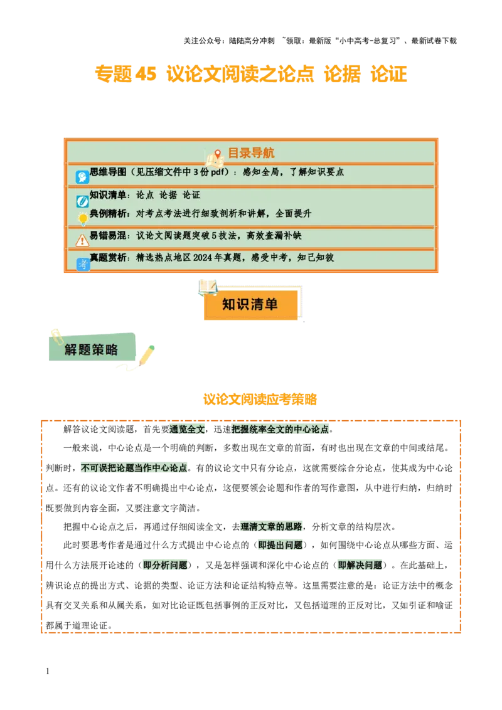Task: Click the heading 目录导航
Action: (250, 153)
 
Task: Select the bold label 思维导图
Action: (108, 172)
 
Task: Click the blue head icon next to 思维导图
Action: (82, 177)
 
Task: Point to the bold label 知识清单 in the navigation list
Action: (108, 195)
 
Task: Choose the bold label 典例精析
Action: (108, 213)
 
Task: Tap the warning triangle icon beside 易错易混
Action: (82, 240)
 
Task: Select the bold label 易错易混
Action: (108, 236)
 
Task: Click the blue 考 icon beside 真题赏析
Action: (83, 264)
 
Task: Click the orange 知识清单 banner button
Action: (250, 305)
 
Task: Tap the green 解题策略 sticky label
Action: (92, 349)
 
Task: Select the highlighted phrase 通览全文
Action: (186, 430)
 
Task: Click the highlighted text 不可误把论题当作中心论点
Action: (135, 469)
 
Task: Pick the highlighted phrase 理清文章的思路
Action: (270, 526)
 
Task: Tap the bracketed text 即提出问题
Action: (281, 545)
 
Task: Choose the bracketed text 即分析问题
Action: (165, 565)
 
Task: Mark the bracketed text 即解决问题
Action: (361, 565)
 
